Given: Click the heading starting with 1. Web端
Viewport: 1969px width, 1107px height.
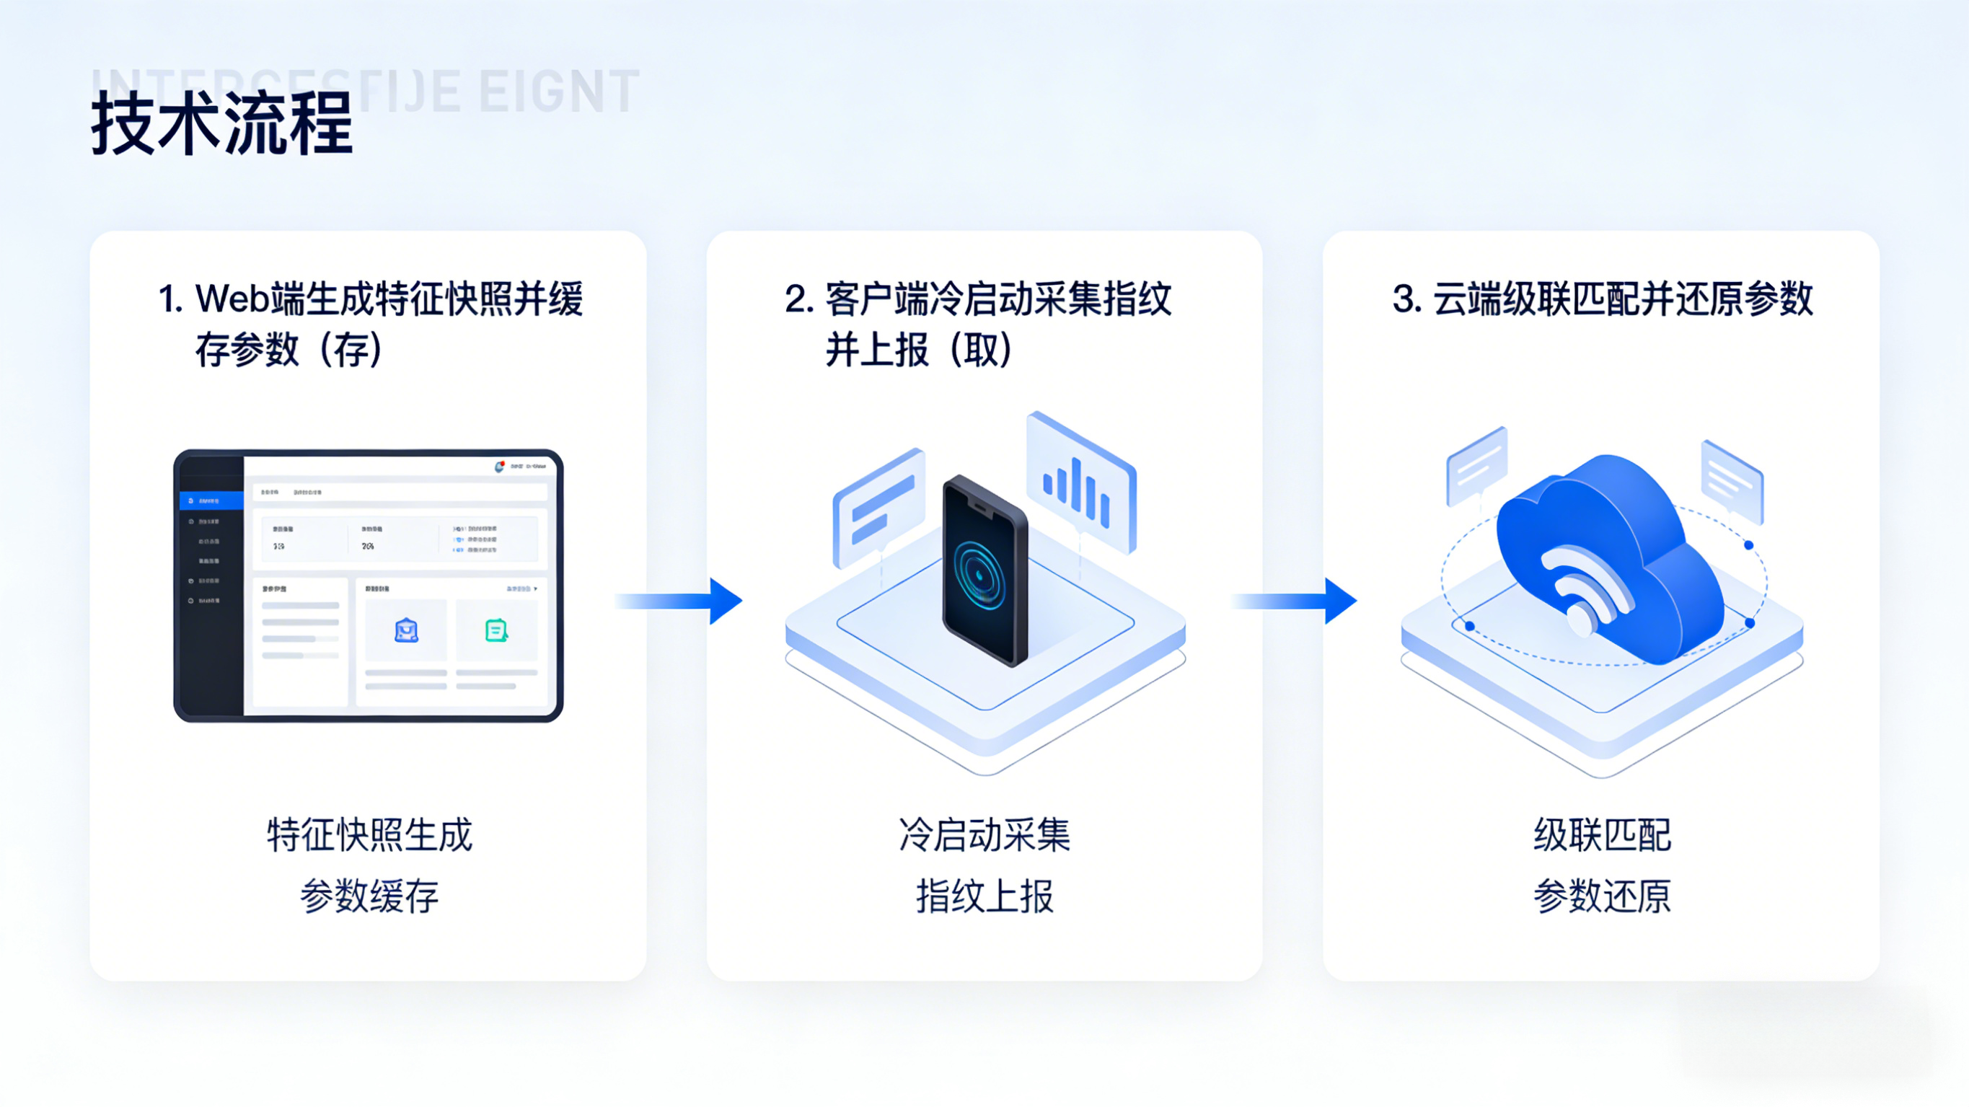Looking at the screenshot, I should (370, 323).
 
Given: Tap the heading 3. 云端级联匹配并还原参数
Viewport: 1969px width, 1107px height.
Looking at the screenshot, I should (1602, 298).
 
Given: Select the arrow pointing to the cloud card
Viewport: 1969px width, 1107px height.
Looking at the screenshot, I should (1295, 601).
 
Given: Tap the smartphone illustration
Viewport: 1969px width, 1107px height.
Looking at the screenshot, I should (984, 570).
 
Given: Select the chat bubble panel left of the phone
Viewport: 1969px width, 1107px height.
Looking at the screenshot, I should (879, 506).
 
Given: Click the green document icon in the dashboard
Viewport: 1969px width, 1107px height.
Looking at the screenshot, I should (496, 631).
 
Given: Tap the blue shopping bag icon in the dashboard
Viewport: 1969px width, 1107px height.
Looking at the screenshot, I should (406, 631).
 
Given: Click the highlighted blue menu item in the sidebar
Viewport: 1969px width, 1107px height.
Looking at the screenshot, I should (211, 500).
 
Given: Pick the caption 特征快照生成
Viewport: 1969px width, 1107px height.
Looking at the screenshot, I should (370, 834).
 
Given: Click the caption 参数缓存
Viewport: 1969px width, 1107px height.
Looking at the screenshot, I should (370, 896).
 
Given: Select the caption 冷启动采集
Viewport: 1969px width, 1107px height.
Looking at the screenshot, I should (984, 834).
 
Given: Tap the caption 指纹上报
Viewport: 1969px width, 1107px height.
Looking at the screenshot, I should (984, 896).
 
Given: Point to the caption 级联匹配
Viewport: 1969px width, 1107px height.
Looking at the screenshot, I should (1602, 834).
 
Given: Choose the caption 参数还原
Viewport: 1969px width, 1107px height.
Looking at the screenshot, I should (1602, 896).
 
